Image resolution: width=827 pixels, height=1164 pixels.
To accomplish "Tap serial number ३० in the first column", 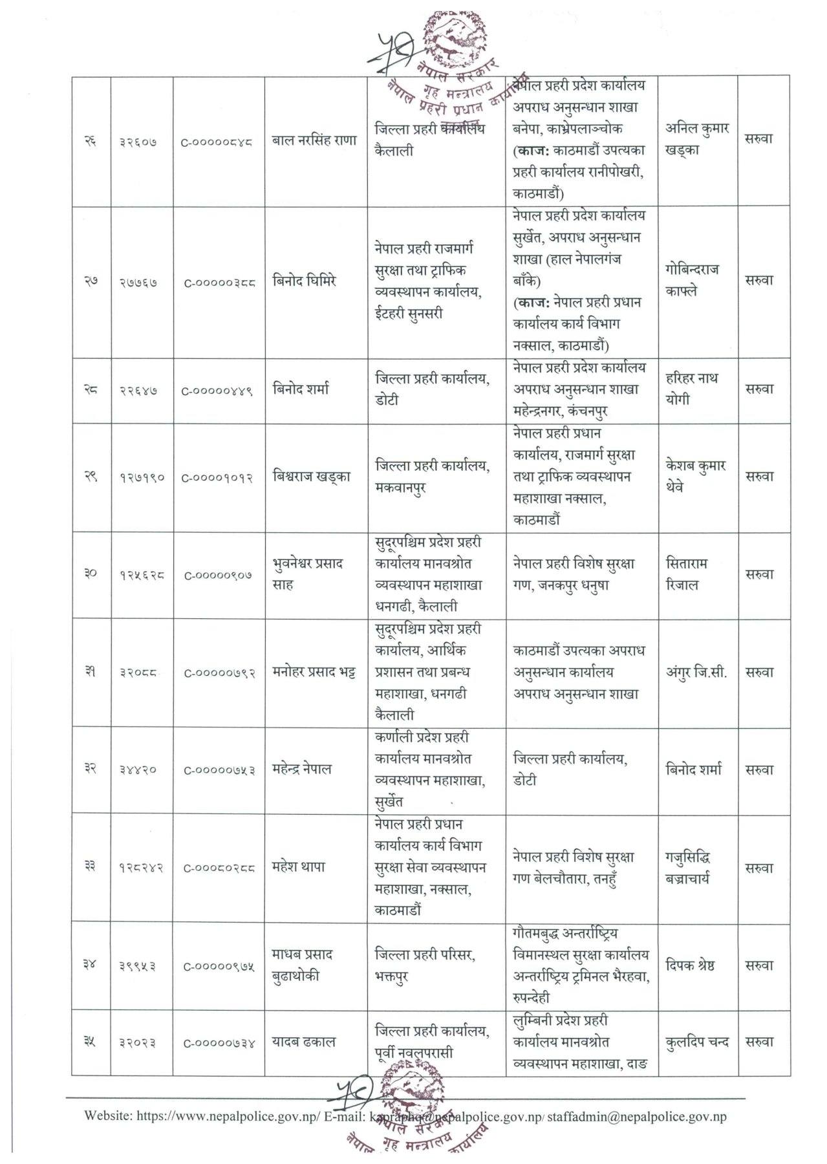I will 91,574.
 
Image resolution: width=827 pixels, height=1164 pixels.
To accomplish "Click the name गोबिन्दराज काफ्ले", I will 691,280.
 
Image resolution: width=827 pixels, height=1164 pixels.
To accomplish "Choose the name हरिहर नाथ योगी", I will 691,389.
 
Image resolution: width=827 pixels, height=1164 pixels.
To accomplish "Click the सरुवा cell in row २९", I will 759,477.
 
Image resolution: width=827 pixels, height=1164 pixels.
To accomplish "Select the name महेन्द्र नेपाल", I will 301,769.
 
